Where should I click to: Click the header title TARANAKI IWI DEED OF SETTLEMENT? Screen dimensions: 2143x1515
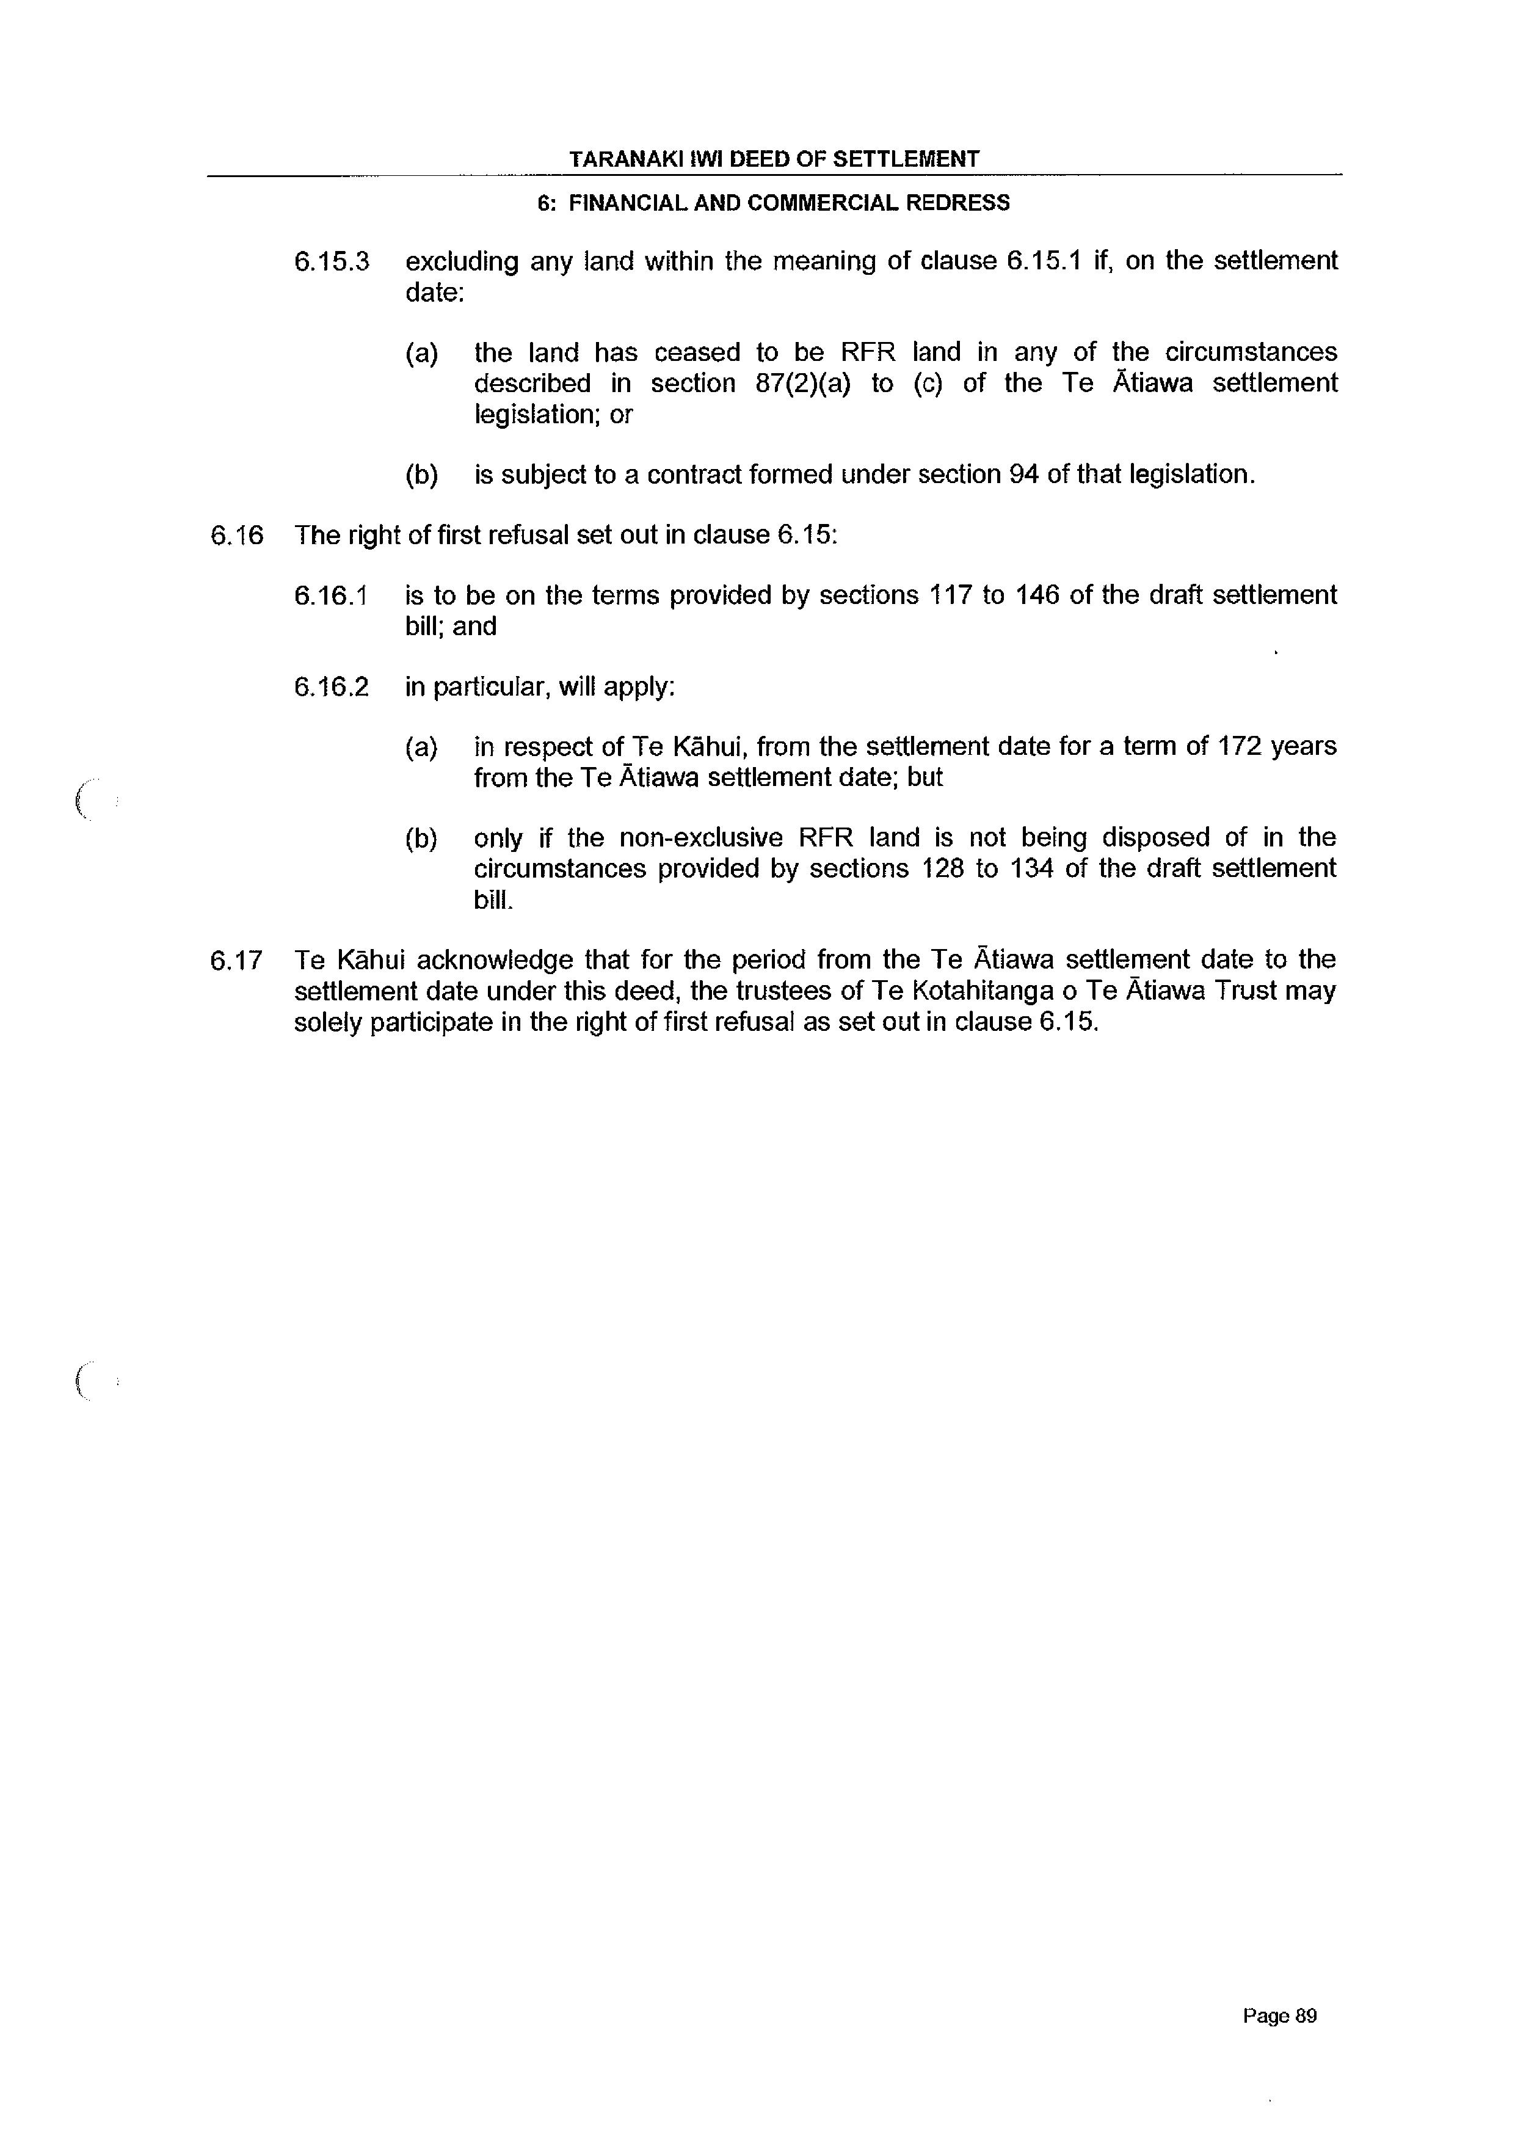click(774, 159)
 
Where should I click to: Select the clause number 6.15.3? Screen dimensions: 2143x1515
click(332, 261)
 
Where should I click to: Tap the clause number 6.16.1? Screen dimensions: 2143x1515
click(332, 595)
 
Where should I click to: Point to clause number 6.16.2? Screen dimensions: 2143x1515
click(332, 688)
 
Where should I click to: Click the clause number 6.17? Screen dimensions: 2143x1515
click(237, 959)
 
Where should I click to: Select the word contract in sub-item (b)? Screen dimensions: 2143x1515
click(694, 475)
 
